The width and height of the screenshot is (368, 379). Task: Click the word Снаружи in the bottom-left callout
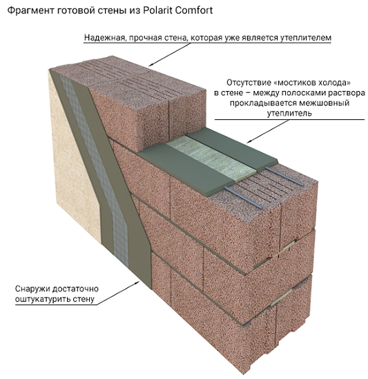tap(32, 289)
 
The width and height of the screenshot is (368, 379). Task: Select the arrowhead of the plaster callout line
tap(138, 283)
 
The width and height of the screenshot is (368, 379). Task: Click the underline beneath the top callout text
tap(208, 43)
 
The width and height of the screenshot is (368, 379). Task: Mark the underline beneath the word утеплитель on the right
tap(289, 119)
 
